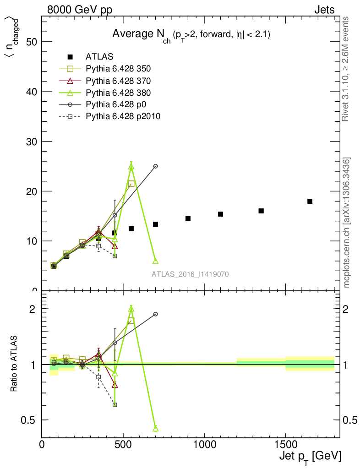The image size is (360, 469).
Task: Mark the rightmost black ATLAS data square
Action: (310, 201)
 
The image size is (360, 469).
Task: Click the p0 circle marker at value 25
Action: (155, 166)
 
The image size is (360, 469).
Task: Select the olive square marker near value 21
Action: (131, 184)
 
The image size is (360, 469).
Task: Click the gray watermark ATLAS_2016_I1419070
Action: (191, 274)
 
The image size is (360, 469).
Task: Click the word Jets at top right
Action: (324, 10)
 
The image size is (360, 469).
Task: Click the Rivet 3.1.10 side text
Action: (346, 69)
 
